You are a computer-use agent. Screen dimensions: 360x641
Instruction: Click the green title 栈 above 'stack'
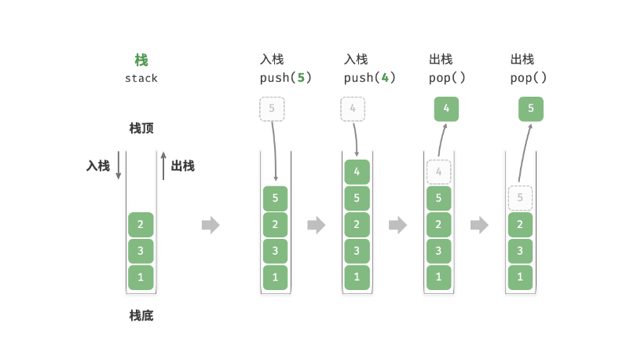pos(141,61)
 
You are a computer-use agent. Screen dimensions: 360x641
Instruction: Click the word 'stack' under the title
pos(141,79)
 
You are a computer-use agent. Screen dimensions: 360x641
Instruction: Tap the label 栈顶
pos(141,128)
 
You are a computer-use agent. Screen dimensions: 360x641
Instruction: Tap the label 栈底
pos(141,315)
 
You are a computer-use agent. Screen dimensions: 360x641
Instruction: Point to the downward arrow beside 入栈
pos(119,166)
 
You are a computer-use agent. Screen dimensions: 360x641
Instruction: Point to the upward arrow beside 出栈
pos(163,166)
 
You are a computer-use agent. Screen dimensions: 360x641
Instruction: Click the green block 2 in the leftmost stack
pos(141,225)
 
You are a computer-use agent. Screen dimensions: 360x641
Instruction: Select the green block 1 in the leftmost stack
pos(141,277)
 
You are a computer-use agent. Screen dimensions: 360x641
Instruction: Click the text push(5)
pos(286,78)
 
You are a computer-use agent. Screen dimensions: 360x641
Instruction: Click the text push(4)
pos(370,78)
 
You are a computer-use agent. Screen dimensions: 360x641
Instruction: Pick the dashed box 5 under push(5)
pos(272,108)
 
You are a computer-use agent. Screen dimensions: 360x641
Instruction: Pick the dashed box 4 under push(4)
pos(353,108)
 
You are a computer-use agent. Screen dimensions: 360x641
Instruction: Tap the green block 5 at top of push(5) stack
pos(276,198)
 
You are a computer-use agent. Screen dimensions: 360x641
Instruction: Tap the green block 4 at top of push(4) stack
pos(357,172)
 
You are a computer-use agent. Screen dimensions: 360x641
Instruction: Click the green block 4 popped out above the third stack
pos(446,108)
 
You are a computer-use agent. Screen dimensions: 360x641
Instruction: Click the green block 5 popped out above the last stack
pos(531,108)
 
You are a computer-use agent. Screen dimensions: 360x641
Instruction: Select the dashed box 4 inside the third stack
pos(439,172)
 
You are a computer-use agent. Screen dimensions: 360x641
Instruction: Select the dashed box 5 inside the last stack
pos(520,198)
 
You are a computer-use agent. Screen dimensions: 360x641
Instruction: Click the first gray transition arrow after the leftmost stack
pos(211,225)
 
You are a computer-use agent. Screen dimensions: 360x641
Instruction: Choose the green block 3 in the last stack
pos(520,251)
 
